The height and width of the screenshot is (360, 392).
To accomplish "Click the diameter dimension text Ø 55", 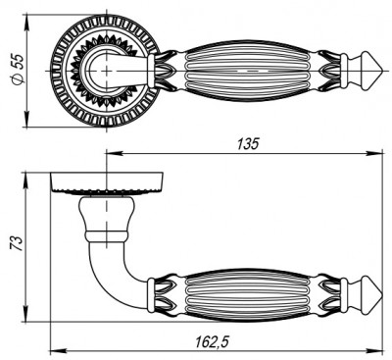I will [x=12, y=72].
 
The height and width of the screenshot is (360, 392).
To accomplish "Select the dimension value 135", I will [x=247, y=144].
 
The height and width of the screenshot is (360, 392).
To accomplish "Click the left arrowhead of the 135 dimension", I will [x=109, y=153].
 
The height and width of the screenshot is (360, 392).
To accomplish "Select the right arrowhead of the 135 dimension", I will [x=377, y=153].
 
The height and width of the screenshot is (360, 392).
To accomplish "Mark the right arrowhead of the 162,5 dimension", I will [x=377, y=350].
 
